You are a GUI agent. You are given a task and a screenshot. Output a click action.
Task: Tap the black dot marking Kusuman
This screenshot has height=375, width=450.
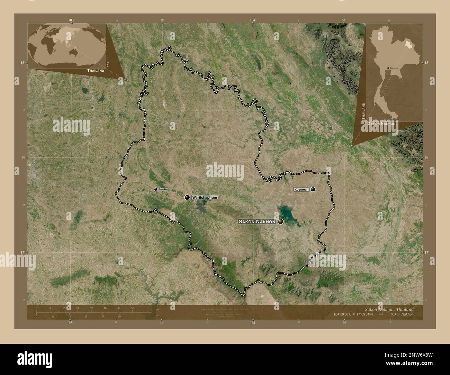[313, 189]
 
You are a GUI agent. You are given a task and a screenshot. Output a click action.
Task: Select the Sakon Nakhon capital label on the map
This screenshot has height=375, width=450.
[257, 221]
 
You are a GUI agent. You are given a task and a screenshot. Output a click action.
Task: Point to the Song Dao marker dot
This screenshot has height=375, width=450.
[156, 189]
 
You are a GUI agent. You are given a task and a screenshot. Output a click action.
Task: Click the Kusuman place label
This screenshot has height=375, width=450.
[301, 189]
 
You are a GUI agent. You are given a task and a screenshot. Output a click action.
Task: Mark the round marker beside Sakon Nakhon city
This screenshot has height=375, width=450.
[280, 221]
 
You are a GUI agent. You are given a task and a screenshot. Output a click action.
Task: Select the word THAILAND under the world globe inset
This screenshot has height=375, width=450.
[96, 70]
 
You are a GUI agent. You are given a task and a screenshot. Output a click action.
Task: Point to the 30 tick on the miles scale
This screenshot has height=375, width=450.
[119, 316]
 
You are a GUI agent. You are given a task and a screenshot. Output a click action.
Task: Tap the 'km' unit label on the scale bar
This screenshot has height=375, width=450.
[157, 309]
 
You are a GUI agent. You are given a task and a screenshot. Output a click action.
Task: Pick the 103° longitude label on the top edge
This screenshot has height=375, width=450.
[71, 20]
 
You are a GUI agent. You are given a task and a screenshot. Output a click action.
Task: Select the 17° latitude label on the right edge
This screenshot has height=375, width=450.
[426, 253]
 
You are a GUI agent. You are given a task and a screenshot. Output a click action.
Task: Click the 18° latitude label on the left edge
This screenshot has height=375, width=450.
[22, 63]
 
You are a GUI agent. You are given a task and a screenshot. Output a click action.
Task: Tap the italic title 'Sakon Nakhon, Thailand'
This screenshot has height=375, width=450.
[389, 309]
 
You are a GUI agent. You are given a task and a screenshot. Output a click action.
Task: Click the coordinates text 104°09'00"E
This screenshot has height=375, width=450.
[343, 314]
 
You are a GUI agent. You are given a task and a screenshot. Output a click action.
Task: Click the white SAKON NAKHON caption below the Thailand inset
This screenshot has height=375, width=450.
[382, 123]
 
